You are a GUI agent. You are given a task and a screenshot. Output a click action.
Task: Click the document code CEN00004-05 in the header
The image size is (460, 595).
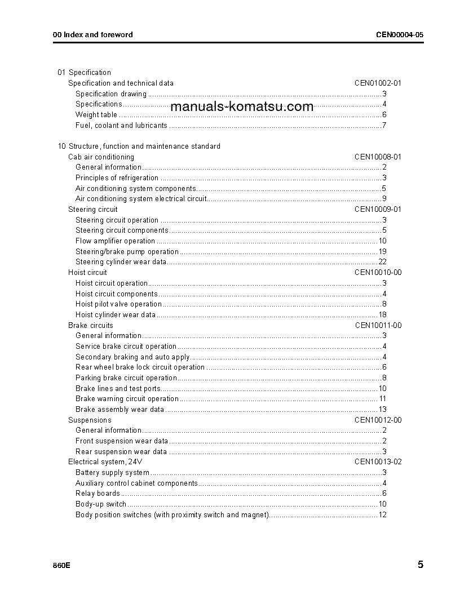[x=400, y=35]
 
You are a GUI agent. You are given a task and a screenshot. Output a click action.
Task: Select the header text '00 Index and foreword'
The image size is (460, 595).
[x=93, y=35]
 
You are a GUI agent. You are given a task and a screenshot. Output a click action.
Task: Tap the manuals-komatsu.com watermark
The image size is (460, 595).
[x=241, y=106]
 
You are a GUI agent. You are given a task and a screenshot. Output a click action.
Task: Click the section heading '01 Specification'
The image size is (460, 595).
[x=85, y=73]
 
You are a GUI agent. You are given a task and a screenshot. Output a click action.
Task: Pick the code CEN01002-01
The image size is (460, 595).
[x=378, y=83]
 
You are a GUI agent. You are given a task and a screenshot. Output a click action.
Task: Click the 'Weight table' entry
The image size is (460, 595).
[x=96, y=115]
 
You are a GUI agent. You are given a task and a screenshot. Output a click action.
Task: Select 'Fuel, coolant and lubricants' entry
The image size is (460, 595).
[x=121, y=126]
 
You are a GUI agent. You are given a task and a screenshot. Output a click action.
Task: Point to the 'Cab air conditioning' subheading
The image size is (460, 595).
[x=101, y=157]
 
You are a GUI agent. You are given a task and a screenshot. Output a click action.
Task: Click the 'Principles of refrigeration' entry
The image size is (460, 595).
[x=117, y=178]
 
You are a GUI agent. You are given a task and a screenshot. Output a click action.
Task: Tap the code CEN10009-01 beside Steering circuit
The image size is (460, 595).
[x=378, y=210]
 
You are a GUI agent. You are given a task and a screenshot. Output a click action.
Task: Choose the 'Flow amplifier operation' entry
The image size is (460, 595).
[x=115, y=241]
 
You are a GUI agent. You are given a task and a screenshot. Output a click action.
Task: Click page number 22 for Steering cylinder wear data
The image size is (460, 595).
[x=382, y=262]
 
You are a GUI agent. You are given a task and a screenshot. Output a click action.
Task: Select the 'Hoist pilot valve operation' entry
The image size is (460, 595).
[x=118, y=304]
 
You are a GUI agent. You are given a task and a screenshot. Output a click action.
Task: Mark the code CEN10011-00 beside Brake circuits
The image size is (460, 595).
[x=378, y=326]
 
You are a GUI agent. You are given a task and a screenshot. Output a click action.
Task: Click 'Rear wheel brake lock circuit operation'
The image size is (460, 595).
[x=140, y=367]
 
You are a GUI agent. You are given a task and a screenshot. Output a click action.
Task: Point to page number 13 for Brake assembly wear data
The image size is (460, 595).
[x=382, y=410]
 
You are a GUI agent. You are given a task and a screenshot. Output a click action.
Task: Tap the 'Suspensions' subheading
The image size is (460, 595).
[x=90, y=420]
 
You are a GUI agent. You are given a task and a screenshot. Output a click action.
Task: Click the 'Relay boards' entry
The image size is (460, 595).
[x=98, y=494]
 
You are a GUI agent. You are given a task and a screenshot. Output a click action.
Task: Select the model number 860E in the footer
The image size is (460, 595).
[x=62, y=565]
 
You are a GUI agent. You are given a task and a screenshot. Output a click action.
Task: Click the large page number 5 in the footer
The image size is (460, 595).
[x=421, y=565]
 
